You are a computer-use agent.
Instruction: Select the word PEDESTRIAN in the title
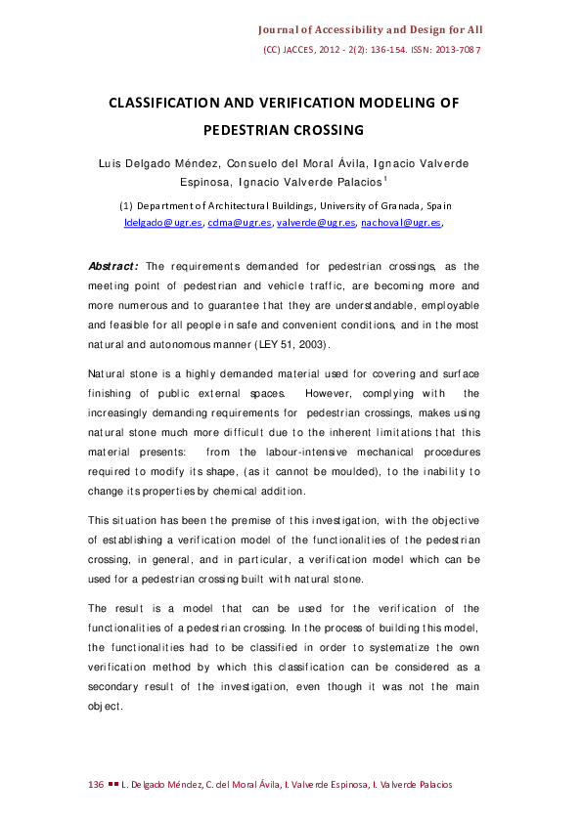click(249, 129)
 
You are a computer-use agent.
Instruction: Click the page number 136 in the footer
click(96, 785)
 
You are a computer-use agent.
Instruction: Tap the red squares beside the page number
click(113, 785)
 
